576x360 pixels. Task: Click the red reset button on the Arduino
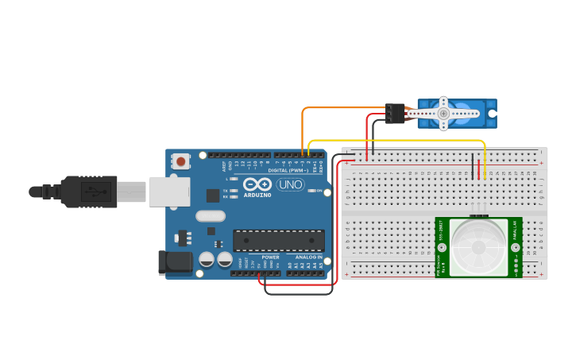[181, 162]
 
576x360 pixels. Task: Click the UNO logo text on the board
[290, 184]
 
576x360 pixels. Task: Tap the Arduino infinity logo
[257, 184]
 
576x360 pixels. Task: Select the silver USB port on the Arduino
[170, 192]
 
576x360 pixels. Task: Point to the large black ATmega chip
[278, 241]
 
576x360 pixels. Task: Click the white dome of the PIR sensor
[478, 246]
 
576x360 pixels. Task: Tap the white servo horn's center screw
[443, 114]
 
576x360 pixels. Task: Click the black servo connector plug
[395, 114]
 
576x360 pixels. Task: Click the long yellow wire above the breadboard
[397, 141]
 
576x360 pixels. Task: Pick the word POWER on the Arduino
[271, 257]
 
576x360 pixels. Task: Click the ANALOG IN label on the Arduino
[308, 257]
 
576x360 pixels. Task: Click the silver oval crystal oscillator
[211, 215]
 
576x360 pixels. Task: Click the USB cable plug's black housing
[87, 192]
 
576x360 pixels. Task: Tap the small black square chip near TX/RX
[213, 195]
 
